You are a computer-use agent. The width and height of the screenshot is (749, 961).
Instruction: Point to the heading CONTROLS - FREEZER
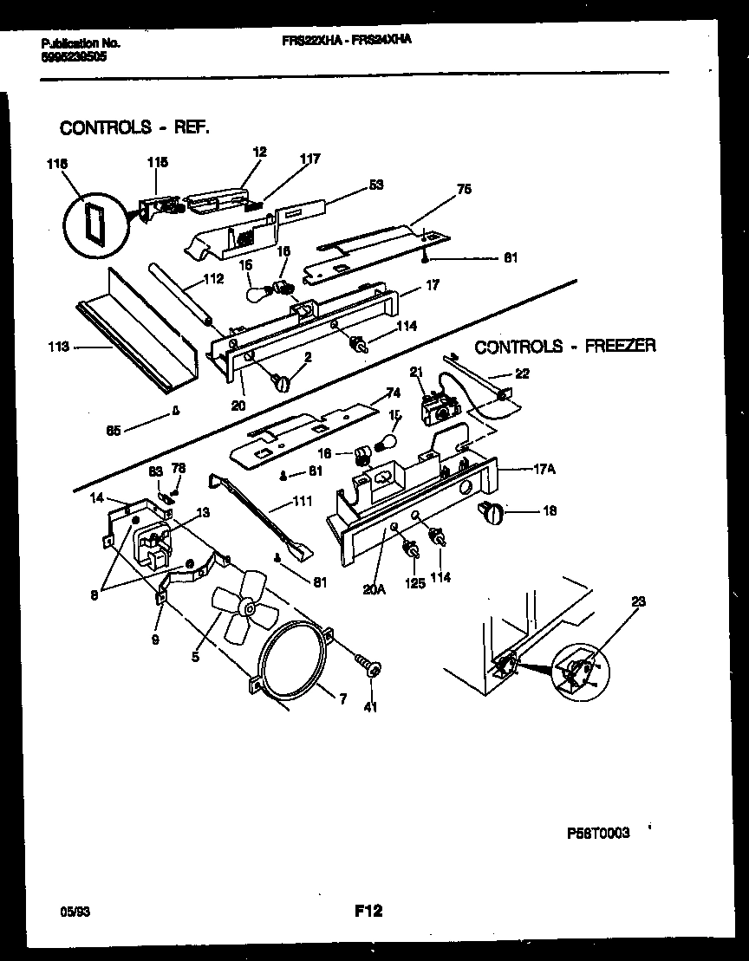(565, 347)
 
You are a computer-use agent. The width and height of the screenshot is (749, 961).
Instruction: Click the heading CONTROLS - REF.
(134, 127)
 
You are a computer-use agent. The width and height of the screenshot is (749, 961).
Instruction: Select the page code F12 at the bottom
(368, 911)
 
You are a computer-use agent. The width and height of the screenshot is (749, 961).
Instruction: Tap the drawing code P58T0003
(598, 833)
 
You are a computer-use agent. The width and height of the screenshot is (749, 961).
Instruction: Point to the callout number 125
(415, 583)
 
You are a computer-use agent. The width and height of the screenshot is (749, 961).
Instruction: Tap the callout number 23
(638, 601)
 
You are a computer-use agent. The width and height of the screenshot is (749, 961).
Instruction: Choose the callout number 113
(59, 348)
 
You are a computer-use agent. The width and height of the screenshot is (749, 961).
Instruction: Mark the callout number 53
(375, 185)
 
